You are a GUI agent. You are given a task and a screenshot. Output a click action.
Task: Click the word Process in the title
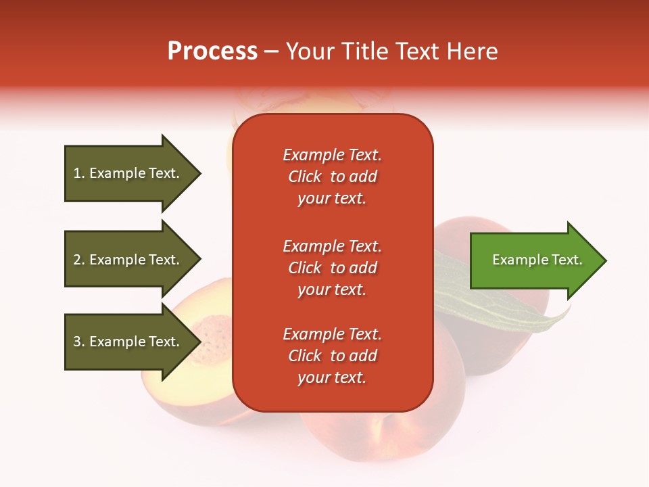(212, 51)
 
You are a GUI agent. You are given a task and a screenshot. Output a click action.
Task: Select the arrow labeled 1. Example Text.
(128, 173)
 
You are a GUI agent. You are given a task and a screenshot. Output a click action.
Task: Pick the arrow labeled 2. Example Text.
(128, 260)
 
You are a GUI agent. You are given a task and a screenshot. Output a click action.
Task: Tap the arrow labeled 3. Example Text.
(128, 342)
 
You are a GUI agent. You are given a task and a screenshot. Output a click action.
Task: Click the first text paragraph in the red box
(332, 177)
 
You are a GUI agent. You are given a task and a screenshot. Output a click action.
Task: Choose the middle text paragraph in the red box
(332, 268)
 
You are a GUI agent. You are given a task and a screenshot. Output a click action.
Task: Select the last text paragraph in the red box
(332, 356)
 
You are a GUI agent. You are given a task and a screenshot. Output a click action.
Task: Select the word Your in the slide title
(310, 51)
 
